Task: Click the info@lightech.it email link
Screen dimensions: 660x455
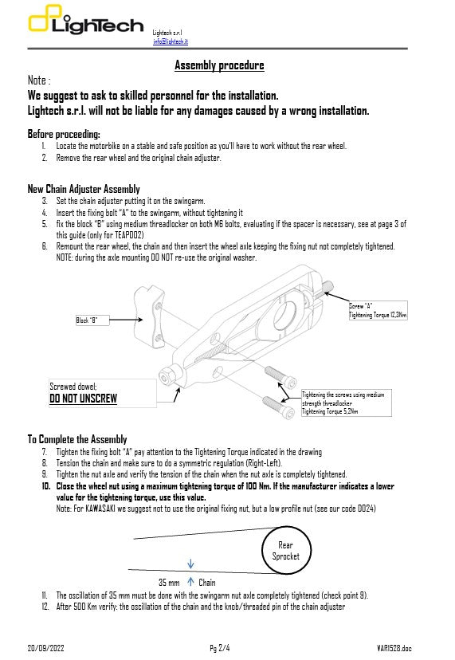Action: pos(170,41)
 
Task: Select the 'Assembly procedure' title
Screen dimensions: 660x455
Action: pos(219,65)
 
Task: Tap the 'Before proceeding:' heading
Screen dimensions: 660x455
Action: pos(64,134)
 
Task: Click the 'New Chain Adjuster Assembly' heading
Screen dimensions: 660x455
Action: pos(84,189)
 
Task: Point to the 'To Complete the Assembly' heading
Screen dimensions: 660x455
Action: pos(77,439)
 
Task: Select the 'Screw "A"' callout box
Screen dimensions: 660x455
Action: pos(378,310)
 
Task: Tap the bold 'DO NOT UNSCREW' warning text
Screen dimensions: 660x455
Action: pos(83,398)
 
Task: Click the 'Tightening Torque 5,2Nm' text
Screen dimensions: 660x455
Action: pos(330,411)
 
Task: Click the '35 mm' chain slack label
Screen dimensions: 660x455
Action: pos(168,583)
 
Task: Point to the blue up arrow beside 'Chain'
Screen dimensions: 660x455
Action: pos(190,582)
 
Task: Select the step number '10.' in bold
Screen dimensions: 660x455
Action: pos(47,485)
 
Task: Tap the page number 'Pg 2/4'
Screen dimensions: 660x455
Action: pos(219,646)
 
